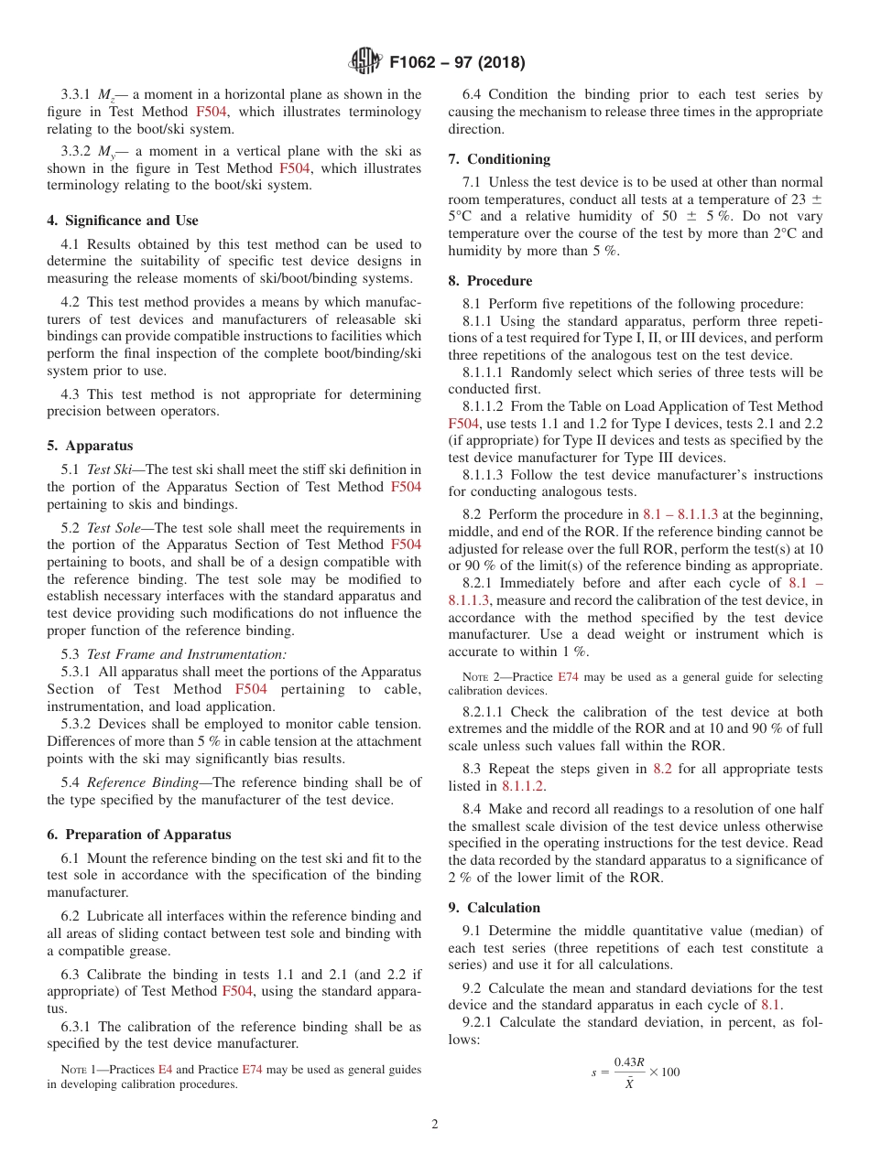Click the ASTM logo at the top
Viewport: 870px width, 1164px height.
coord(366,62)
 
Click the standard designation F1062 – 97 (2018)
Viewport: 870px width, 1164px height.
coord(457,63)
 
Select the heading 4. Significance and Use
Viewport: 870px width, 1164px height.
coord(122,221)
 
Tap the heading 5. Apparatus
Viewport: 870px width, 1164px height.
coord(90,446)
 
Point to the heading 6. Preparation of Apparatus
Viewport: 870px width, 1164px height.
coord(138,835)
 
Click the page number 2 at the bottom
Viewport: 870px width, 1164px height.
coord(435,1125)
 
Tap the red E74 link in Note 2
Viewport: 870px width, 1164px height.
coord(569,677)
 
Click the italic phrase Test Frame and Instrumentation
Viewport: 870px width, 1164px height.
coord(186,654)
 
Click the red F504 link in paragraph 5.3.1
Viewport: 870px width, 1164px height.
coord(251,689)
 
